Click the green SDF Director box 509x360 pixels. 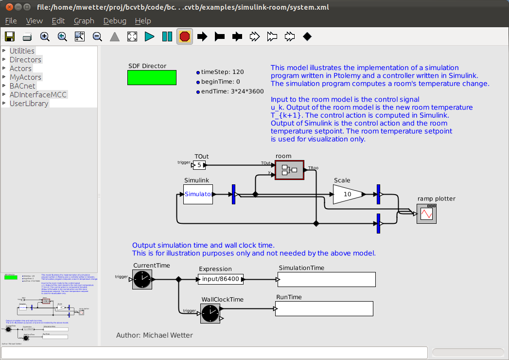[152, 78]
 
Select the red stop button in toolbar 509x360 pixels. [185, 36]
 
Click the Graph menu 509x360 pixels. [84, 21]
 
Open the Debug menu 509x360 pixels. [115, 21]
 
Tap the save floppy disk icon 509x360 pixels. [10, 36]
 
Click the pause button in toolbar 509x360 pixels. [167, 36]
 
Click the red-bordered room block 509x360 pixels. [289, 170]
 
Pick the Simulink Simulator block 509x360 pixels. [198, 194]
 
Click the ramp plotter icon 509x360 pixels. [426, 214]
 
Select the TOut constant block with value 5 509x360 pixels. [199, 165]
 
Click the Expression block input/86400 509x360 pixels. [221, 279]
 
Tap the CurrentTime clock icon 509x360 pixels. [142, 279]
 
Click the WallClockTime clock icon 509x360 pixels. [210, 313]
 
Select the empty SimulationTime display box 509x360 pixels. [327, 280]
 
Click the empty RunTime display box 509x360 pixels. [324, 308]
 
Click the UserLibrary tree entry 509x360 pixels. [29, 104]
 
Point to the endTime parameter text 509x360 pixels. [232, 91]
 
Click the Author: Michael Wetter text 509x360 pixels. [154, 335]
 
